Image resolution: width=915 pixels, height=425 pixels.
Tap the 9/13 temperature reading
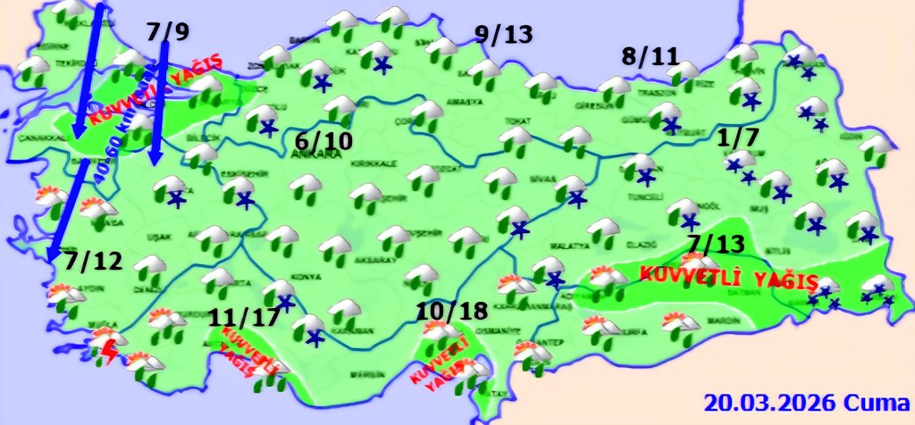[x=503, y=35]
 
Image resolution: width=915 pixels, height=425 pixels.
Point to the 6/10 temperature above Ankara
[x=323, y=141]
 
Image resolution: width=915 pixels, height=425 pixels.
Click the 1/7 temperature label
[x=738, y=138]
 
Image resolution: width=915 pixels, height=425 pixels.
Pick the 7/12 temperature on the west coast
[x=93, y=263]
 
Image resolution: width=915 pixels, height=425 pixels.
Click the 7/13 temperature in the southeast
[x=717, y=245]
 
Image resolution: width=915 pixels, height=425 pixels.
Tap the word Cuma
[x=877, y=401]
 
